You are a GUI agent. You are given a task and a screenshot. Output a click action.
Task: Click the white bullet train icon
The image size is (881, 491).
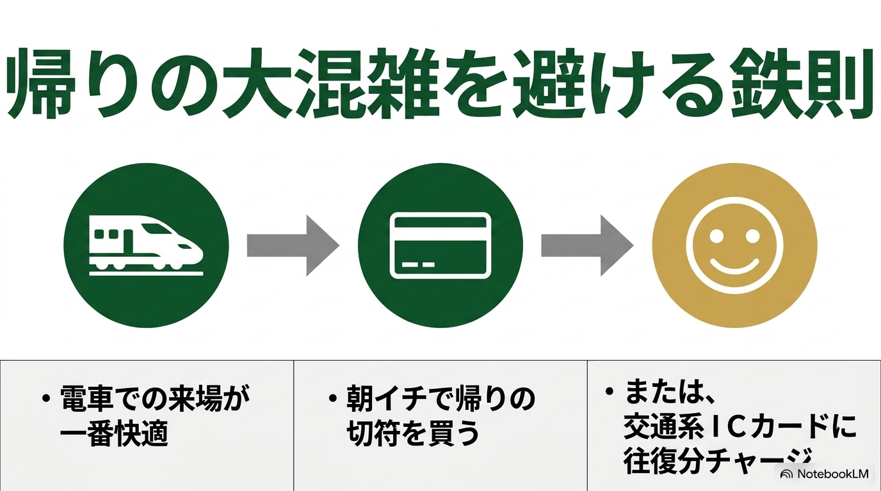147,245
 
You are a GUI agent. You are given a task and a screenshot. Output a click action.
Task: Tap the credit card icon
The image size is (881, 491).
440,245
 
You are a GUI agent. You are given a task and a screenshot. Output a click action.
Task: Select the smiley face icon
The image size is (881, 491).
734,245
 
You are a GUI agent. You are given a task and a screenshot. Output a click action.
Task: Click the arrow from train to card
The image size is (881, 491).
293,245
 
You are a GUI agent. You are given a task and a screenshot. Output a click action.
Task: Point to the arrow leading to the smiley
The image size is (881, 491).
587,245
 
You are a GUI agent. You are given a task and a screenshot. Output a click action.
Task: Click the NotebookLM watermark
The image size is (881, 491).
825,474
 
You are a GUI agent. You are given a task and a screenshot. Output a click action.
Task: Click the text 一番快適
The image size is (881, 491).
114,433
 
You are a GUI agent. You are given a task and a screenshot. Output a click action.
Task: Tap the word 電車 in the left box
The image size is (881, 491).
86,399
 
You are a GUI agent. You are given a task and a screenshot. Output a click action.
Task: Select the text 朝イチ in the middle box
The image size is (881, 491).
386,399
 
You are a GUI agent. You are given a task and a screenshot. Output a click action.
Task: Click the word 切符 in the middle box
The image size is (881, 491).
373,433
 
